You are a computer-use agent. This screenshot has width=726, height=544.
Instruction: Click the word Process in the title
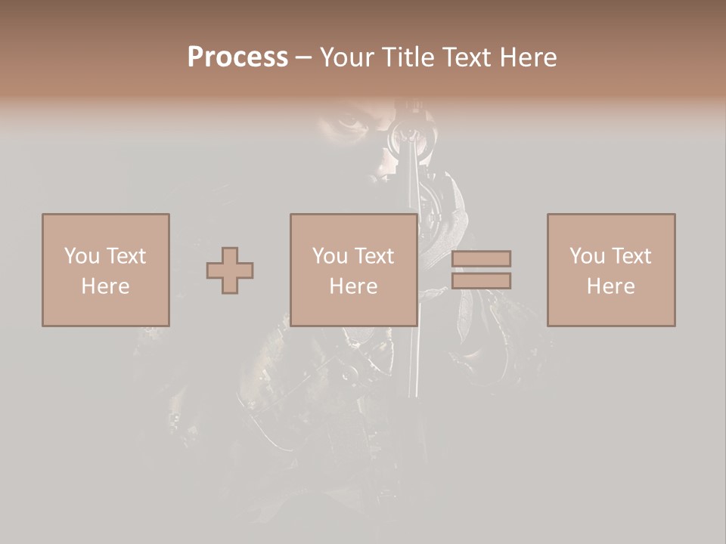click(237, 57)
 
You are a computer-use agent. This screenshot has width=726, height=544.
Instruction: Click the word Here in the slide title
click(529, 57)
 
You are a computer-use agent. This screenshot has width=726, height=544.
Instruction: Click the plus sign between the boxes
click(230, 270)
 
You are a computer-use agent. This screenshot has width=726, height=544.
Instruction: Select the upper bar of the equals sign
click(481, 258)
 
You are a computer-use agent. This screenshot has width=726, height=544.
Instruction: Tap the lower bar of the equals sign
click(481, 281)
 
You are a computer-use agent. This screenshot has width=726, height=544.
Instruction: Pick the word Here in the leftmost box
click(105, 286)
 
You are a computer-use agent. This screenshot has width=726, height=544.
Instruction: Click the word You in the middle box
click(330, 256)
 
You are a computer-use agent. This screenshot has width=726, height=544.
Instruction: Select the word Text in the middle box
click(374, 256)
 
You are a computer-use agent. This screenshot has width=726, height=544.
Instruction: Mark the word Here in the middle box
click(353, 286)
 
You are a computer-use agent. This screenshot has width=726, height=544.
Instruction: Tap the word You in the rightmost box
click(588, 256)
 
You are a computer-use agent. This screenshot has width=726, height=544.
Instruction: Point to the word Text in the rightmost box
click(631, 256)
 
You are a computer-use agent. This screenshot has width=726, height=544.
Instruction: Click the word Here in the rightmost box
click(610, 286)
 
